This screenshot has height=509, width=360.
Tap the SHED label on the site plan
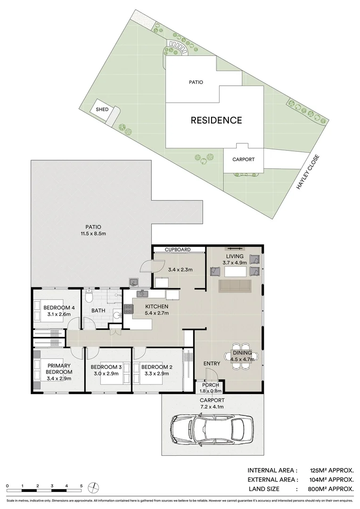[102, 109]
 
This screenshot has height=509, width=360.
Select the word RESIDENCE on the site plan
[216, 120]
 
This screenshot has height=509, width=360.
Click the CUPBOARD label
[177, 249]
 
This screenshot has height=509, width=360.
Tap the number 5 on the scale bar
[82, 486]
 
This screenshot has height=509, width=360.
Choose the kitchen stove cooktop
[128, 309]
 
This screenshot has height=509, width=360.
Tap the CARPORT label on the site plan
[243, 159]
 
